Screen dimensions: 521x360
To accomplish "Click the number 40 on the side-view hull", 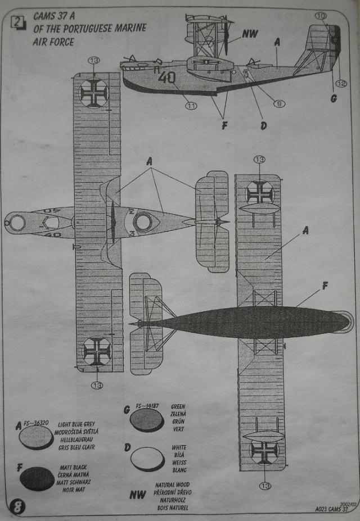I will click(x=167, y=78).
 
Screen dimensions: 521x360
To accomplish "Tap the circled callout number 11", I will click(x=191, y=105).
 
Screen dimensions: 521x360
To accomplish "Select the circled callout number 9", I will click(x=279, y=103).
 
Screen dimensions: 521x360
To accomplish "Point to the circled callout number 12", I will click(x=341, y=84).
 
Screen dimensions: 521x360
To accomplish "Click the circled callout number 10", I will click(x=321, y=16).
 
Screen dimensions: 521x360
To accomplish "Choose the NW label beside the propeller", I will click(x=250, y=34).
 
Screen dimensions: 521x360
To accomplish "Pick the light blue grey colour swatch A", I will click(x=37, y=437).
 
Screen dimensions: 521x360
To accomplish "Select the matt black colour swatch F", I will click(x=37, y=478).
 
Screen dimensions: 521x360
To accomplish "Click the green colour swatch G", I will click(x=147, y=420).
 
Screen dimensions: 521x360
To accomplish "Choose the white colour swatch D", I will click(x=147, y=459).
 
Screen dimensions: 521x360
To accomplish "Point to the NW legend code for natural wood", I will click(x=138, y=495).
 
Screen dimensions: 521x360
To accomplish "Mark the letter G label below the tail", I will click(x=333, y=98).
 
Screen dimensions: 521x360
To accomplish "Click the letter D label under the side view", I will click(x=263, y=126).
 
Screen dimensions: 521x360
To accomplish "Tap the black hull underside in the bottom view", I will click(x=247, y=323).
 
